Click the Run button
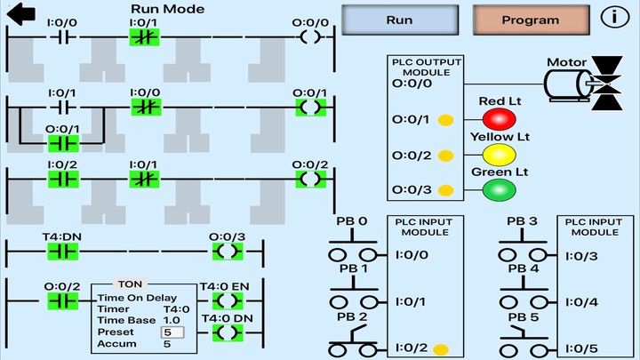point(399,20)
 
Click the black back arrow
point(20,14)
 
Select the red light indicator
point(499,119)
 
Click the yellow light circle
point(499,155)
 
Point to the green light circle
point(499,189)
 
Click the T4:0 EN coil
point(228,300)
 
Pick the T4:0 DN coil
point(228,332)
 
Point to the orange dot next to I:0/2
point(440,348)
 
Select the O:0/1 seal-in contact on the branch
point(63,142)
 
